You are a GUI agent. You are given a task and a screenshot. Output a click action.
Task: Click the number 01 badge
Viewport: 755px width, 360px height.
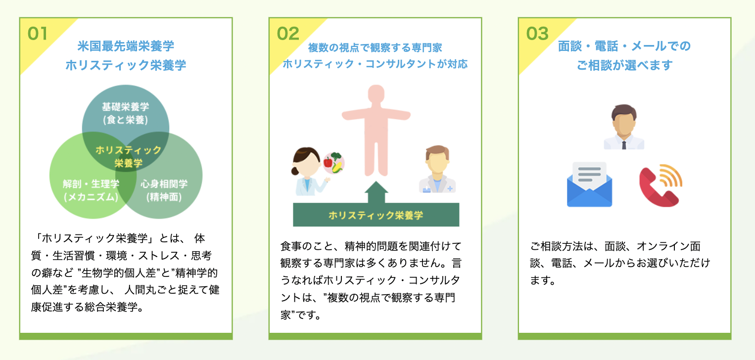pyautogui.click(x=38, y=33)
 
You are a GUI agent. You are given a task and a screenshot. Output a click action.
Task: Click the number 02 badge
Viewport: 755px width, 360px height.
pyautogui.click(x=287, y=33)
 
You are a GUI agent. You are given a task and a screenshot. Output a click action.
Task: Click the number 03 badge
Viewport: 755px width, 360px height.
pyautogui.click(x=537, y=33)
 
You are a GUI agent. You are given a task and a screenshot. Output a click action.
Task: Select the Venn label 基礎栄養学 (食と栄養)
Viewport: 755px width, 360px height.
pyautogui.click(x=125, y=113)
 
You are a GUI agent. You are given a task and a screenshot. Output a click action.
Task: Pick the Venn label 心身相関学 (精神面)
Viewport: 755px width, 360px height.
pyautogui.click(x=164, y=190)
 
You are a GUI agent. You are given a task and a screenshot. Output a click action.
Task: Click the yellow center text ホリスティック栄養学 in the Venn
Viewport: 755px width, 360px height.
pyautogui.click(x=128, y=156)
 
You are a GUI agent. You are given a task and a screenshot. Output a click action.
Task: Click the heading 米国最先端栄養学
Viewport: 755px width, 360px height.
pyautogui.click(x=126, y=46)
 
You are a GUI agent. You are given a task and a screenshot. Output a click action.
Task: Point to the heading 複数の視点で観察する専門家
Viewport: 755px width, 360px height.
pyautogui.click(x=375, y=48)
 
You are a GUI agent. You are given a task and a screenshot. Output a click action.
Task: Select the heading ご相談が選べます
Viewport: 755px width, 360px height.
pyautogui.click(x=624, y=65)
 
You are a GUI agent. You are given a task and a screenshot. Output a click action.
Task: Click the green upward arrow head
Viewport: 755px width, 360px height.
pyautogui.click(x=376, y=189)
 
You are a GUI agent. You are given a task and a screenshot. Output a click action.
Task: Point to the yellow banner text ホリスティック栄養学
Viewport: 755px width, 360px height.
pyautogui.click(x=376, y=215)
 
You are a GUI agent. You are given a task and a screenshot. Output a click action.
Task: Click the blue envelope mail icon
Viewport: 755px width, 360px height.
pyautogui.click(x=589, y=184)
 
